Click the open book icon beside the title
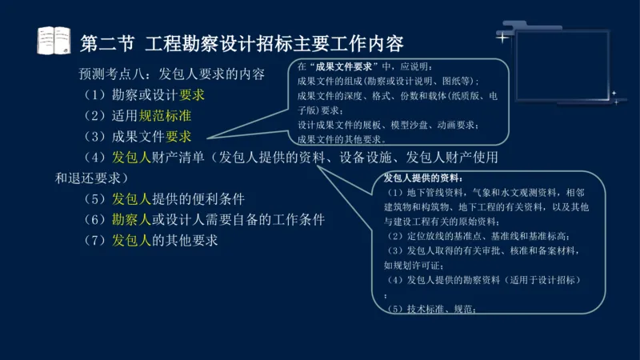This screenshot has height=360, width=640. click(x=54, y=39)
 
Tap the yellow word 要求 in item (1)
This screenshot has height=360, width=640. click(x=192, y=95)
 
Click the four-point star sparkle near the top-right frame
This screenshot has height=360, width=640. click(x=502, y=37)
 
